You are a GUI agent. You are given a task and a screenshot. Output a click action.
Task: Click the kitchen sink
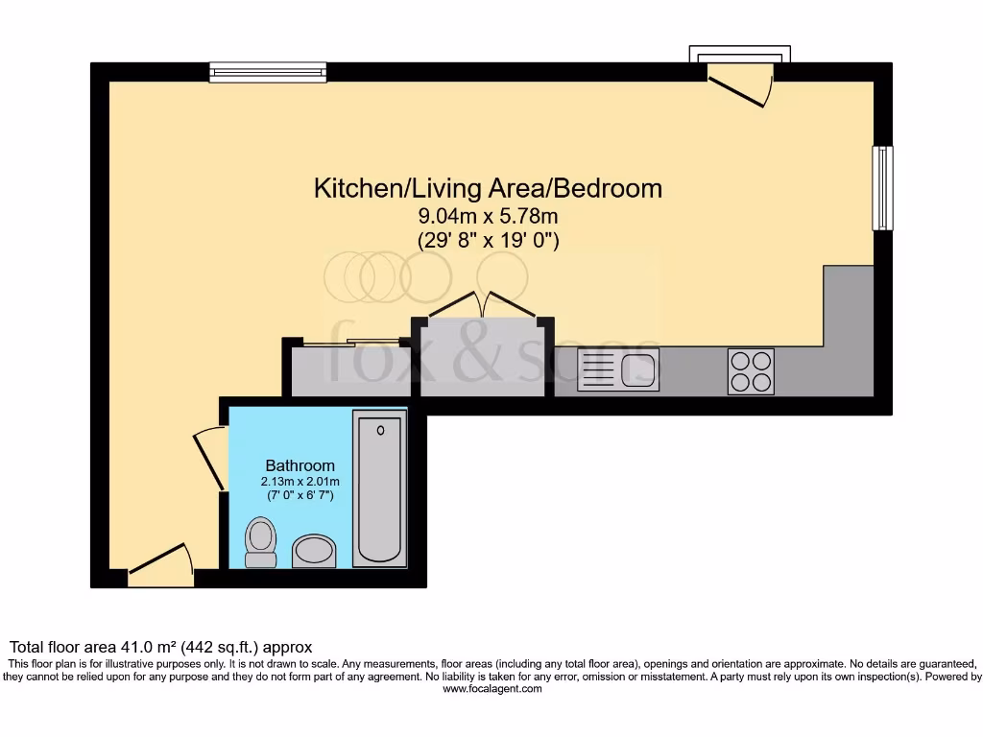click(619, 370)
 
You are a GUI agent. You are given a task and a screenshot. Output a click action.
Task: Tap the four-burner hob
click(751, 370)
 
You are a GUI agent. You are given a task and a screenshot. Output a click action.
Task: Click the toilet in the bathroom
click(260, 543)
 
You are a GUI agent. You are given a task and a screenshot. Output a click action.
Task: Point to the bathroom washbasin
click(313, 551)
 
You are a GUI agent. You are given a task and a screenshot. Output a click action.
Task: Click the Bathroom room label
click(300, 465)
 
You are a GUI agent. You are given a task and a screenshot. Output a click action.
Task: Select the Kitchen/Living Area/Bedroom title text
click(488, 188)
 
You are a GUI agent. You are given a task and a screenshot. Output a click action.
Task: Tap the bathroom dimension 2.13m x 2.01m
click(300, 481)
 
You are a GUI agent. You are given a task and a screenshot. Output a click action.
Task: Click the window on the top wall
click(268, 72)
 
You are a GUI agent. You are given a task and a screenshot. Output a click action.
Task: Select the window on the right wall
click(881, 188)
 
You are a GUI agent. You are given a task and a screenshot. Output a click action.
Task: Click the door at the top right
click(741, 85)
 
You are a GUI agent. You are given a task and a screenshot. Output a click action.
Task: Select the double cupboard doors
click(483, 304)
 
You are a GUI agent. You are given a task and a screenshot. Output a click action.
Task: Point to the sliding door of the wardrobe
click(351, 341)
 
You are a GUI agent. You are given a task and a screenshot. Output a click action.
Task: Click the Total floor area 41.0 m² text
click(160, 648)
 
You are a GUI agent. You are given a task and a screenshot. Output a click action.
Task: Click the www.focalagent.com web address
click(491, 689)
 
